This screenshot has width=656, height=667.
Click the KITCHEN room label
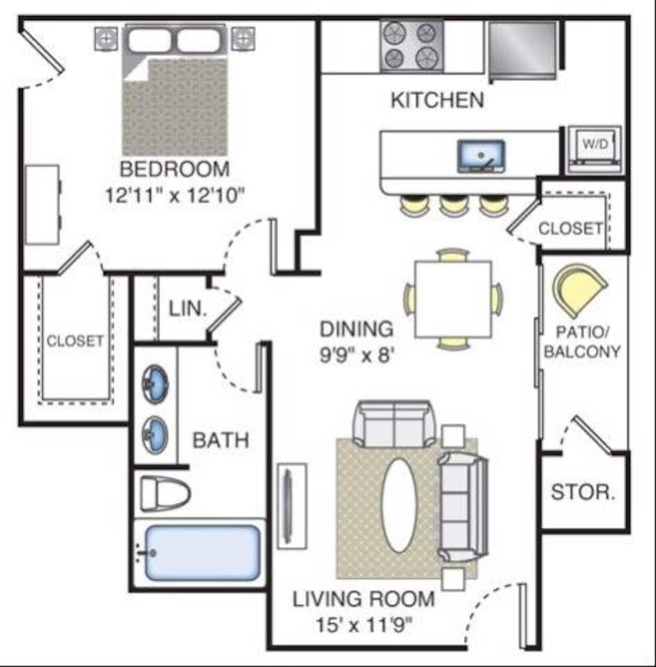coord(437,100)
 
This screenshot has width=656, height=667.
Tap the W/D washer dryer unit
coord(595,150)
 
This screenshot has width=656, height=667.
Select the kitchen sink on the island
coord(481,156)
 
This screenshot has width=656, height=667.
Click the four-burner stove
coord(412,46)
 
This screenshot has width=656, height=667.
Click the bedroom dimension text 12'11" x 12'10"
coord(175,196)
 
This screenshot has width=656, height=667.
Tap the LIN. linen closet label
coord(188,309)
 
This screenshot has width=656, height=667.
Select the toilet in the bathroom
coord(166,494)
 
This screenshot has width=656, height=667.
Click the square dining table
coord(454,299)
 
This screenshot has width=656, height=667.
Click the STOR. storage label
coord(583,492)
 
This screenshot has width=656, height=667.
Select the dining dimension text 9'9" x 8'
coord(357,355)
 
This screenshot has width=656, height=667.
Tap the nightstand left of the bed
coord(106,39)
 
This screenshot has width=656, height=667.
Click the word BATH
coord(220,440)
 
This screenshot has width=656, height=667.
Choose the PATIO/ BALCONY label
coord(582,342)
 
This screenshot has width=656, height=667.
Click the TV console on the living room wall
coord(292,506)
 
